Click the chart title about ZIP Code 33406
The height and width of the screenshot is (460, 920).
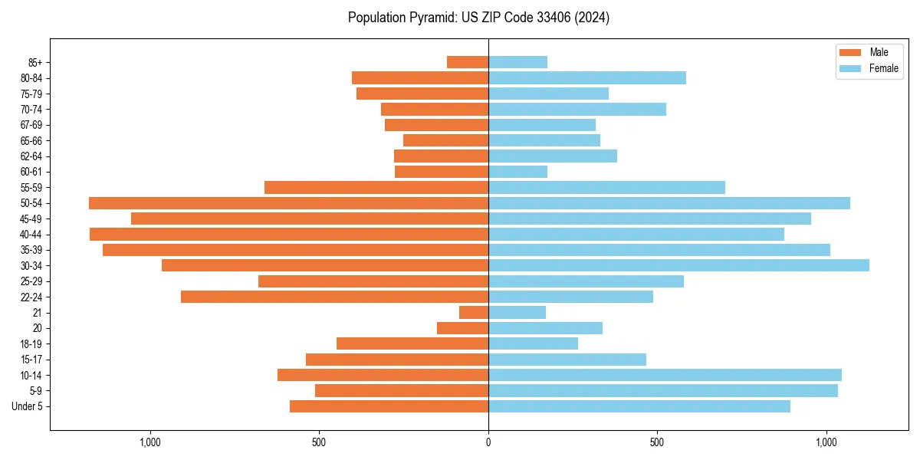(x=478, y=18)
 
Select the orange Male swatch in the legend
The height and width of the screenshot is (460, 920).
(x=850, y=52)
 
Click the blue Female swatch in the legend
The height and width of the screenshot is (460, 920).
(x=850, y=68)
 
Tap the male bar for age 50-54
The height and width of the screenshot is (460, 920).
(x=288, y=203)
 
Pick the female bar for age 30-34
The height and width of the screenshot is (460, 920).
(x=678, y=265)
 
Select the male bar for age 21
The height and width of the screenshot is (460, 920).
(x=474, y=313)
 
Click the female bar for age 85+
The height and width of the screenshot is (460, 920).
(x=517, y=62)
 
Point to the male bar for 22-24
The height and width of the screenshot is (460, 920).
(x=334, y=297)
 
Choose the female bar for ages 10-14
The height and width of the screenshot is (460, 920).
(x=665, y=375)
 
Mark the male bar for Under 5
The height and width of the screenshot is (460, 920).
(x=389, y=406)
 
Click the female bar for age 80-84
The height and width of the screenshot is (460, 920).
(x=587, y=78)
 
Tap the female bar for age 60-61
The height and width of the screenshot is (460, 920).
(x=517, y=172)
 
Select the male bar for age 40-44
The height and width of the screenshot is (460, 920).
(x=289, y=235)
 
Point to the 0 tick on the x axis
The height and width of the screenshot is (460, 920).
(x=488, y=442)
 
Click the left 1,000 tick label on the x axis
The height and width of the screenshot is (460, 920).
(x=150, y=442)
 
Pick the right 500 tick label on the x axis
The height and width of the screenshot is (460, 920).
(x=657, y=442)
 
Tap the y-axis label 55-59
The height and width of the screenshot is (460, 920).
(x=31, y=188)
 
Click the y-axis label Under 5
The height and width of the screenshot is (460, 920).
(x=27, y=406)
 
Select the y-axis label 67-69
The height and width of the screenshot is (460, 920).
(x=31, y=125)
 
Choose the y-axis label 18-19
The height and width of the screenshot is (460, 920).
(x=31, y=344)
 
